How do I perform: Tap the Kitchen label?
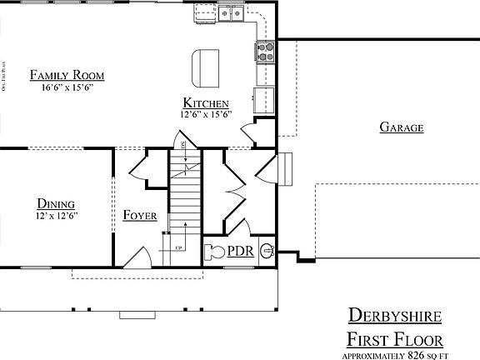pos(206,102)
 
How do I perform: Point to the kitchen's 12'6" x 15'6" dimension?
pos(206,114)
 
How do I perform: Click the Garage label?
pos(402,127)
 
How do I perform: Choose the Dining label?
pos(57,203)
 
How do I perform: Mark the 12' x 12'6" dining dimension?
pos(57,215)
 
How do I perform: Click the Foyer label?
pos(140,215)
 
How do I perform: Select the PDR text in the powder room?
pos(242,250)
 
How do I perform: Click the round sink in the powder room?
pos(267,248)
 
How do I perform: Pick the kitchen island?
pos(204,67)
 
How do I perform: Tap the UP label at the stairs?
pos(178,247)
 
